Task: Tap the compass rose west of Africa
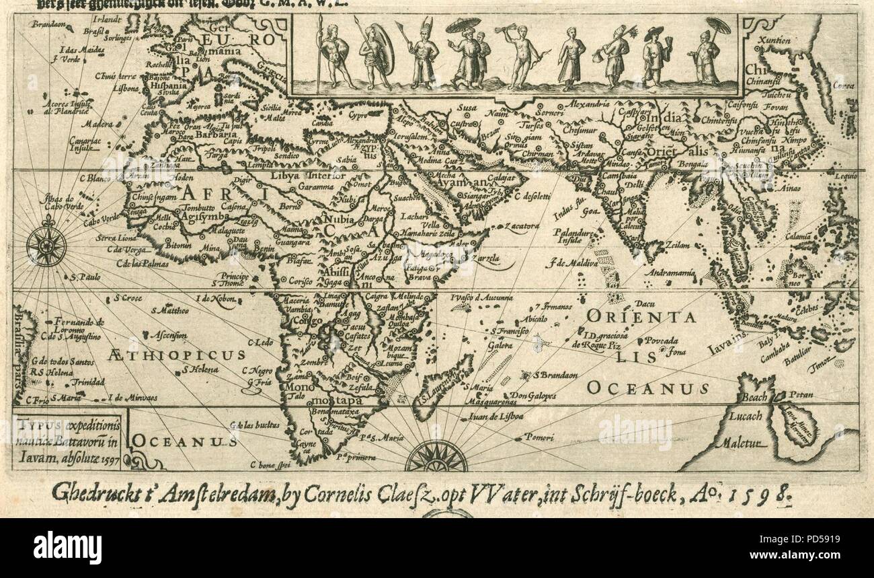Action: pos(46,246)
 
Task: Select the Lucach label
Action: pos(746,416)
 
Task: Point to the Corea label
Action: pos(843,85)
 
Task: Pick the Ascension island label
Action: pos(167,334)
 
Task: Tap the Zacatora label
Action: pos(524,226)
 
